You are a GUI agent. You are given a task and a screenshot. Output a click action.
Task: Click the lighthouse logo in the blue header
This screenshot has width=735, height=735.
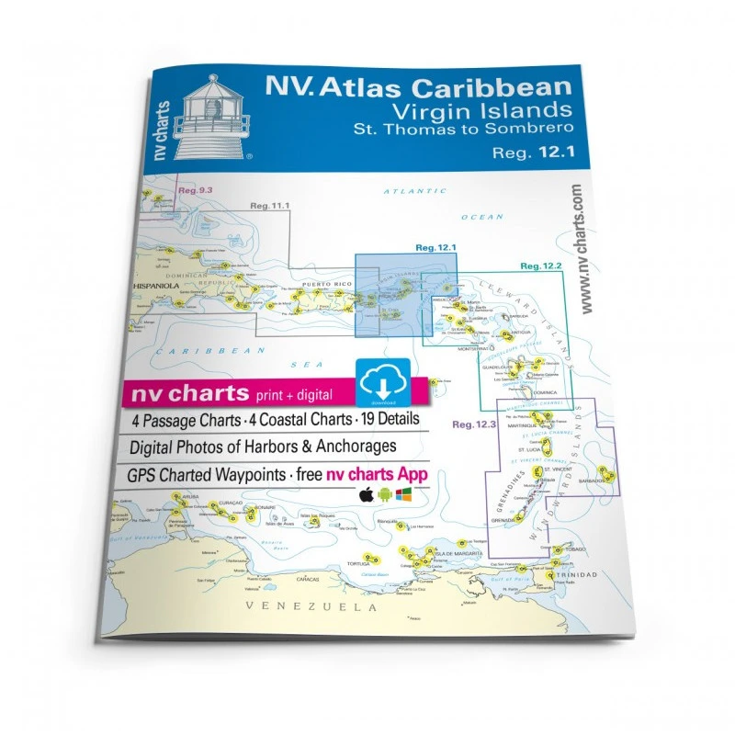212,117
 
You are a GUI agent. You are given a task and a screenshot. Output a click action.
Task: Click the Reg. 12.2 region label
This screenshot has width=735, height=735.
540,266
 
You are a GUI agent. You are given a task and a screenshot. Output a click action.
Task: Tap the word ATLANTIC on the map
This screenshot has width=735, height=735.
402,191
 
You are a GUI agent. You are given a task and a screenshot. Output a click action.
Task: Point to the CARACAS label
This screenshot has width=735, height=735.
308,579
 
